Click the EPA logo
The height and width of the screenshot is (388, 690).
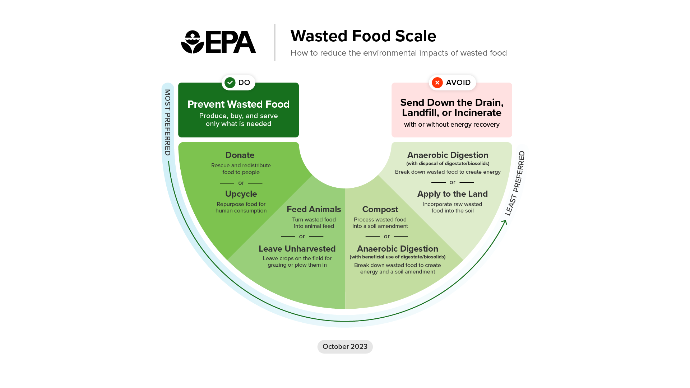218,42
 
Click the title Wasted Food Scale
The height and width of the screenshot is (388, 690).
363,36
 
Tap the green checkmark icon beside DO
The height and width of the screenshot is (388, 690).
230,83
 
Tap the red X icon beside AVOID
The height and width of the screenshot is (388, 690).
437,83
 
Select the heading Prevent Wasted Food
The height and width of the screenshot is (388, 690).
239,104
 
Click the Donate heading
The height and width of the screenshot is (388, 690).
240,155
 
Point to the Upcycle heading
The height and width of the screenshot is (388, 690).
241,194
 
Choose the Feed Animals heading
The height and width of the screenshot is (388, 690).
314,209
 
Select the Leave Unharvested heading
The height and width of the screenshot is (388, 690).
297,249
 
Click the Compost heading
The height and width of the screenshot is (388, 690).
380,209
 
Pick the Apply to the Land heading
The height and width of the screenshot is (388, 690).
453,194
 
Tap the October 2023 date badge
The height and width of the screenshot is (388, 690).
345,347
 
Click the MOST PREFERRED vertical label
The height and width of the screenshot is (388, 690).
168,122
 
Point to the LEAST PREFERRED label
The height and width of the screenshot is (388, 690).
515,183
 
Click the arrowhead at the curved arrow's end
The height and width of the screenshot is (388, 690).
505,222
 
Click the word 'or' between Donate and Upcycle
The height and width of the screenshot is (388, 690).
241,183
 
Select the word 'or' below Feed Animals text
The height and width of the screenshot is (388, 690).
302,237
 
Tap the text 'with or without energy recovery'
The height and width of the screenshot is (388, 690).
452,125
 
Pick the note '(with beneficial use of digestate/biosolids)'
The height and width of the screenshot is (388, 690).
398,257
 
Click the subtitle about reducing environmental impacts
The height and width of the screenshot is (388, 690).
398,53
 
